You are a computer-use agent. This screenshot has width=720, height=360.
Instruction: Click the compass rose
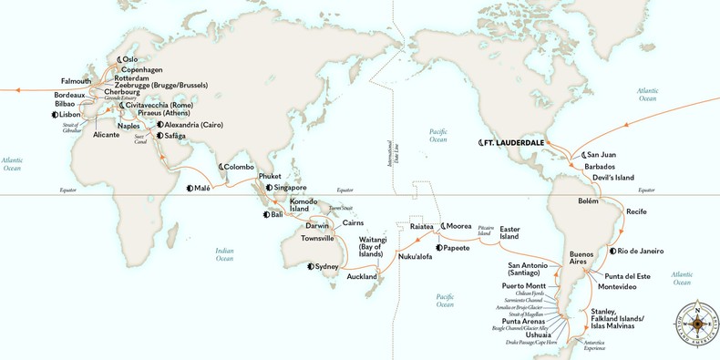click(695, 322)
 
